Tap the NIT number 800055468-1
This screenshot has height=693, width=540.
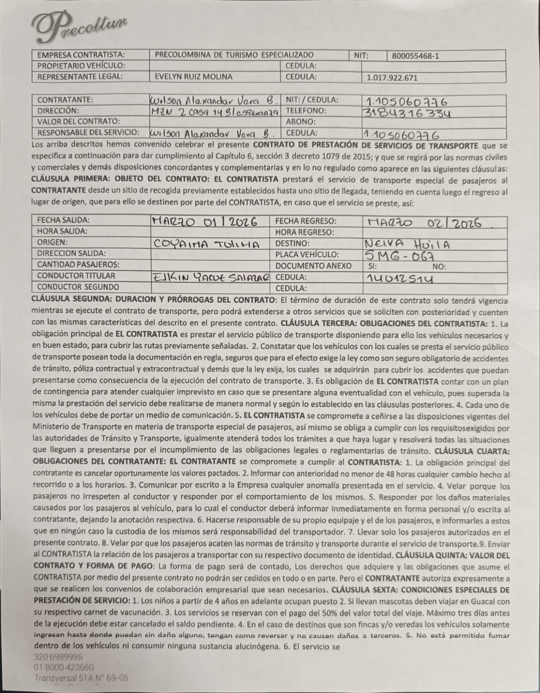pyautogui.click(x=415, y=56)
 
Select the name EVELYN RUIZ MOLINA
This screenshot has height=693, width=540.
pyautogui.click(x=193, y=77)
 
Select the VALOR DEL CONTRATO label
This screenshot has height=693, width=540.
pyautogui.click(x=78, y=122)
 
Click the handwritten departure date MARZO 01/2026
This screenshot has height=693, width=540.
pyautogui.click(x=205, y=222)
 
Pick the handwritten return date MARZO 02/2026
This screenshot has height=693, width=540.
pyautogui.click(x=424, y=223)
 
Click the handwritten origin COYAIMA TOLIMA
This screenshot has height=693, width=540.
pyautogui.click(x=206, y=244)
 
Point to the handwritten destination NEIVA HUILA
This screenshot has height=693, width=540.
pyautogui.click(x=407, y=244)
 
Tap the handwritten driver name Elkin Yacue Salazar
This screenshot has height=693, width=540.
pyautogui.click(x=210, y=277)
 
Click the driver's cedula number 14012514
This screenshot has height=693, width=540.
pyautogui.click(x=399, y=278)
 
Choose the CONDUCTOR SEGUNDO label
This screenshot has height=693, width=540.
pyautogui.click(x=78, y=287)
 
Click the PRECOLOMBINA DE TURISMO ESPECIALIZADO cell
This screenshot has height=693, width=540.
pyautogui.click(x=234, y=55)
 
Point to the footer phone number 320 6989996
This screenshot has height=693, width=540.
pyautogui.click(x=58, y=657)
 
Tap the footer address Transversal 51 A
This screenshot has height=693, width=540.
pyautogui.click(x=81, y=678)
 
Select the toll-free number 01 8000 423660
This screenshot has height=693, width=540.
pyautogui.click(x=63, y=667)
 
